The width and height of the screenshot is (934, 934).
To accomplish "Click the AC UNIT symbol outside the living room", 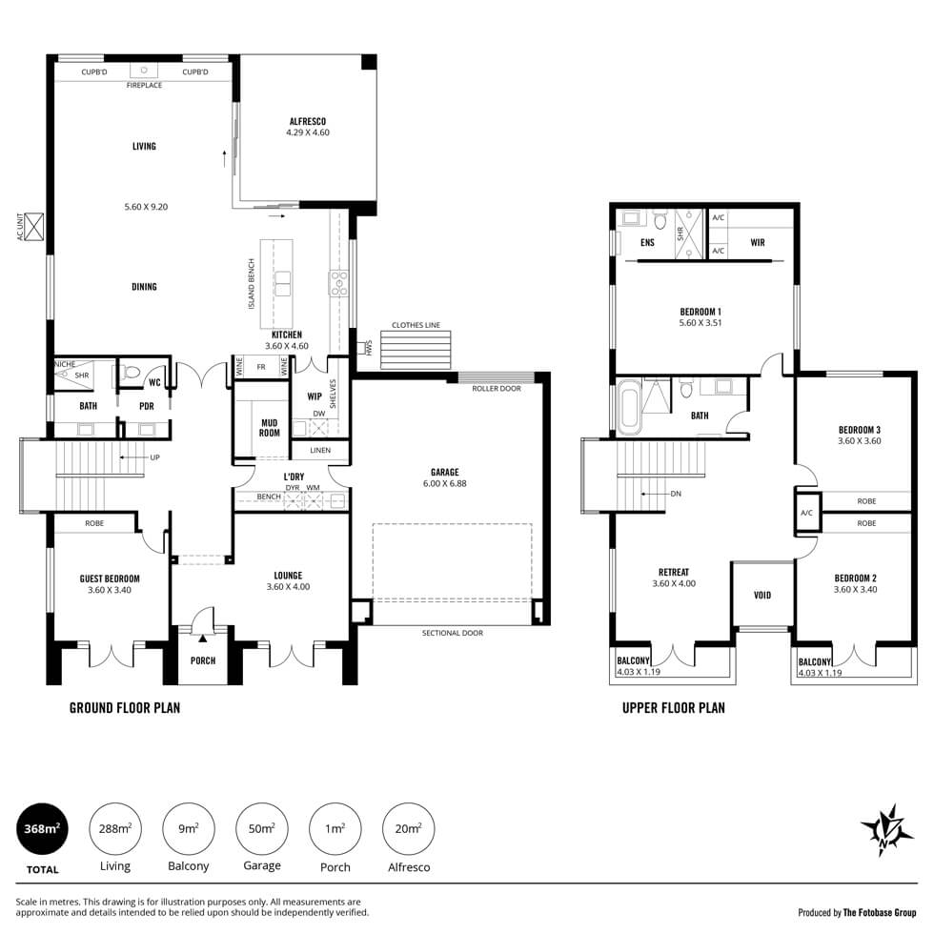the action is pyautogui.click(x=35, y=227).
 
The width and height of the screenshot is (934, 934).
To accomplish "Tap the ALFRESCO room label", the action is pyautogui.click(x=307, y=122).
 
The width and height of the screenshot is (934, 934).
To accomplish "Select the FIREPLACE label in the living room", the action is pyautogui.click(x=144, y=85).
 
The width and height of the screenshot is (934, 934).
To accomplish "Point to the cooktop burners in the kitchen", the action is pyautogui.click(x=339, y=283).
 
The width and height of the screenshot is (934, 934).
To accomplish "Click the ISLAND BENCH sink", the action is pyautogui.click(x=283, y=284).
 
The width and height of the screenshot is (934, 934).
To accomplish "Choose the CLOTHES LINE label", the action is pyautogui.click(x=416, y=325).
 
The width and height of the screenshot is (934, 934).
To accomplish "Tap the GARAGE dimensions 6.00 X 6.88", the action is pyautogui.click(x=445, y=484).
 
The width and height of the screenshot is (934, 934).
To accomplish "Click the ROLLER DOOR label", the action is pyautogui.click(x=497, y=389).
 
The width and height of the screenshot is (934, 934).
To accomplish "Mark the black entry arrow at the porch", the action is pyautogui.click(x=202, y=639).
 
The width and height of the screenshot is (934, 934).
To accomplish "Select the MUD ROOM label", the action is pyautogui.click(x=269, y=428).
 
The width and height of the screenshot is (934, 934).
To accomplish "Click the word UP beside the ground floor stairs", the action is pyautogui.click(x=154, y=457).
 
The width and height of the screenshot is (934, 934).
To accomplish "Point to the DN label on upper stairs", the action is pyautogui.click(x=676, y=494).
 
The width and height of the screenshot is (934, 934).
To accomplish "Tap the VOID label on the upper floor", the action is pyautogui.click(x=762, y=595).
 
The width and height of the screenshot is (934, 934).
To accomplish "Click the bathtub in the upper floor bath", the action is pyautogui.click(x=630, y=410).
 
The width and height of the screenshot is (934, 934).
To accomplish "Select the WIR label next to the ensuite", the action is pyautogui.click(x=758, y=242).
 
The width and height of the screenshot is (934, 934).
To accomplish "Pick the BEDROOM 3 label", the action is pyautogui.click(x=860, y=430).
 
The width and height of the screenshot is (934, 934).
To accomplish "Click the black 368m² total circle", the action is pyautogui.click(x=42, y=828).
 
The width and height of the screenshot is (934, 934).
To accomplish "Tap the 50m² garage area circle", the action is pyautogui.click(x=262, y=828).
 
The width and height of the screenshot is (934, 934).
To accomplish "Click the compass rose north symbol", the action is pyautogui.click(x=887, y=830).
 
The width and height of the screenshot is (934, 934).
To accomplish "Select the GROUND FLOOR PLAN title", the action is pyautogui.click(x=125, y=707).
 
